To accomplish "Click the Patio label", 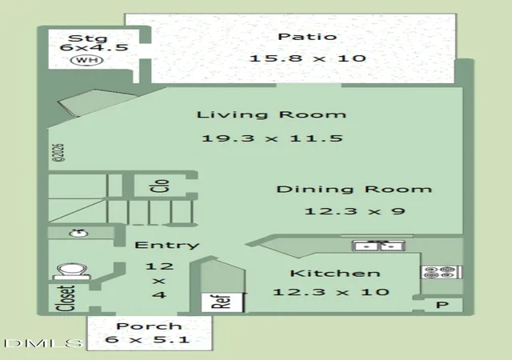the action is [x=307, y=37].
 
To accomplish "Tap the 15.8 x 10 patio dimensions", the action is [x=307, y=59].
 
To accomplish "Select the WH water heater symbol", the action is [x=87, y=60].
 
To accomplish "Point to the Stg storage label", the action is [x=87, y=38].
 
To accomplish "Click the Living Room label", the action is [x=271, y=114].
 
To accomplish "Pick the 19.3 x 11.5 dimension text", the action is [x=272, y=138].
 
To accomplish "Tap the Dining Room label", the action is [x=354, y=189].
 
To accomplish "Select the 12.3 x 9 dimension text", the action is [x=354, y=211].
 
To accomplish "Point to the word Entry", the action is [x=167, y=245].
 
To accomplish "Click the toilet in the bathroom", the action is [x=72, y=271].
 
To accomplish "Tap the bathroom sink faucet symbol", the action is [x=78, y=233].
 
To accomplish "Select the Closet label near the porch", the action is [x=66, y=298].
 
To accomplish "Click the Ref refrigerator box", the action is [x=222, y=302].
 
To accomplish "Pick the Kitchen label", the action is [x=335, y=273].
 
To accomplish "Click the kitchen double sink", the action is [x=378, y=246].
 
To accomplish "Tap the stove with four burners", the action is [x=442, y=272].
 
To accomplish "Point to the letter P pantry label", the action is [x=442, y=305].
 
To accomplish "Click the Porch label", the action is [x=149, y=326].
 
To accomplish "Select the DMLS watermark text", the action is [x=43, y=343].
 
